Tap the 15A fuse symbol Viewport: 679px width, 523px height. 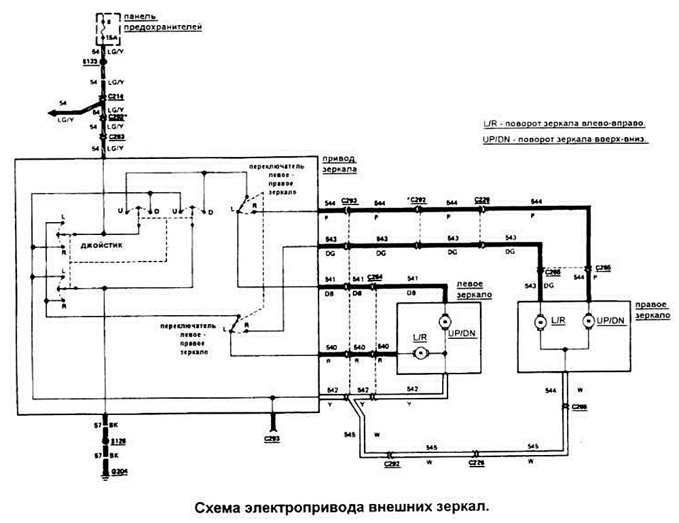point(105,28)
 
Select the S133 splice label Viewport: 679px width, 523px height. point(88,62)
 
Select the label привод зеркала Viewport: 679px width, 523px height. point(341,163)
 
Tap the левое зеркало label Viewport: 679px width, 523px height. point(473,289)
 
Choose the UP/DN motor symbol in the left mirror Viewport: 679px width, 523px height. point(445,320)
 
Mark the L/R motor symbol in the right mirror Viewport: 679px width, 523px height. point(542,320)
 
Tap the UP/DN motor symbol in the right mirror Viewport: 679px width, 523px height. point(589,320)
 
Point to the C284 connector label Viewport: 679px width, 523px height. point(375,277)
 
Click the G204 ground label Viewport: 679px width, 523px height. point(120,470)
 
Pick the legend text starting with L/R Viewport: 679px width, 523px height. point(563,124)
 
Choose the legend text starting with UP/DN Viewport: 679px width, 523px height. point(563,139)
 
